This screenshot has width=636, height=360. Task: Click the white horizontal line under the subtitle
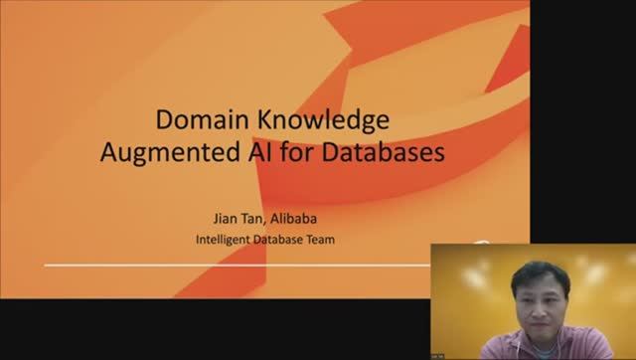click(x=238, y=266)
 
